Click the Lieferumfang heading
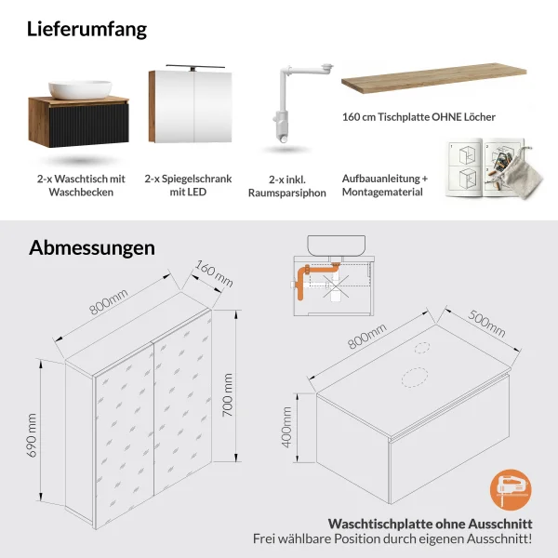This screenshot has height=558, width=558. [x=86, y=29]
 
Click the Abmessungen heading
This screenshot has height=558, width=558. [x=92, y=247]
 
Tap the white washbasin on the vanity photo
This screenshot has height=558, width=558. [x=80, y=89]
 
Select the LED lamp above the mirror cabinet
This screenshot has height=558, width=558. [x=195, y=67]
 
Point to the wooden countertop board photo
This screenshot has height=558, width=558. [x=433, y=78]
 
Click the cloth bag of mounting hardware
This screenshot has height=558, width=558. [x=523, y=175]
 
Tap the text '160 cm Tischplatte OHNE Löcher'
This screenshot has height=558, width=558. [x=418, y=117]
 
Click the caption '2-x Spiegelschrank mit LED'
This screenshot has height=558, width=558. [x=188, y=185]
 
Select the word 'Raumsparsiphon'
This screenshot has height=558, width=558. [x=287, y=193]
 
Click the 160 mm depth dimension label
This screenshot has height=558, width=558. [x=214, y=273]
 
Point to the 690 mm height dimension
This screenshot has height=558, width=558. [x=32, y=435]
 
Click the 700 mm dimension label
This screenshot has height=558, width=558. [x=227, y=395]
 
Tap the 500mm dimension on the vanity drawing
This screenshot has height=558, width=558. [x=486, y=324]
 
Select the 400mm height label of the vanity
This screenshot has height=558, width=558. [x=286, y=427]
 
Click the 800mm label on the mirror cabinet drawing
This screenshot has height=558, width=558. [x=108, y=301]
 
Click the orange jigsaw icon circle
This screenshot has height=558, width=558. [x=511, y=490]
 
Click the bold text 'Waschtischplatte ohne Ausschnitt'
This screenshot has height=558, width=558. [x=431, y=524]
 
